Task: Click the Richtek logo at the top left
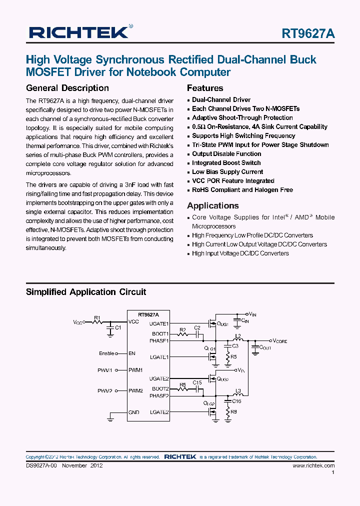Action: (79, 32)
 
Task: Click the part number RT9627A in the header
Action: (308, 33)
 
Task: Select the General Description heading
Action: (67, 88)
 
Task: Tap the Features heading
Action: (205, 88)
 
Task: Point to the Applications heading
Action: (213, 205)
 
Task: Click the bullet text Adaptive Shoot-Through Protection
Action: (242, 117)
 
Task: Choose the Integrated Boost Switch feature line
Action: (226, 162)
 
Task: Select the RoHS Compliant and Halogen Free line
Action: (242, 189)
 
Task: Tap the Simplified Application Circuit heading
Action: (86, 292)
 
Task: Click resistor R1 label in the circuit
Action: (97, 318)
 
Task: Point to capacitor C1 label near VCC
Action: (118, 327)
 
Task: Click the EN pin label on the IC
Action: (132, 353)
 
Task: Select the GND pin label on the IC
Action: (133, 412)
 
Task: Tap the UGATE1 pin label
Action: (160, 324)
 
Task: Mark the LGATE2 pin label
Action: (160, 412)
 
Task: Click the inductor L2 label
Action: (238, 335)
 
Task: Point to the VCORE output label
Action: (280, 340)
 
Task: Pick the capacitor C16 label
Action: (236, 401)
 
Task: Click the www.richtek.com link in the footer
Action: (313, 465)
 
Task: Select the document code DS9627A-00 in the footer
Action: (42, 465)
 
